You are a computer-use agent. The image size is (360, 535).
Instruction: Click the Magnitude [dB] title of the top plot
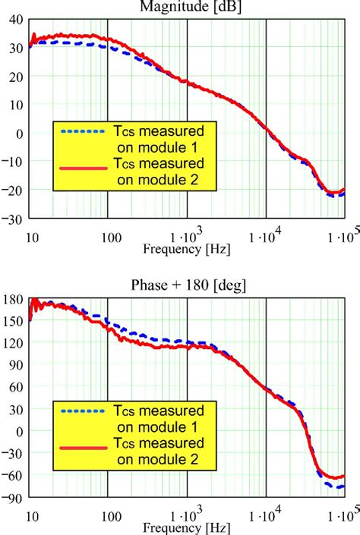tap(187, 6)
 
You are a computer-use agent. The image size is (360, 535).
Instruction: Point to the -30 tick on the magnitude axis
tap(14, 219)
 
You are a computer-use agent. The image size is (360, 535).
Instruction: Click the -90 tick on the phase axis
tap(14, 499)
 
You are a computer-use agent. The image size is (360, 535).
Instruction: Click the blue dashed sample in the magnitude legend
tap(81, 131)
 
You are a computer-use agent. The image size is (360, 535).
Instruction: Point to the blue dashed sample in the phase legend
tap(81, 411)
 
